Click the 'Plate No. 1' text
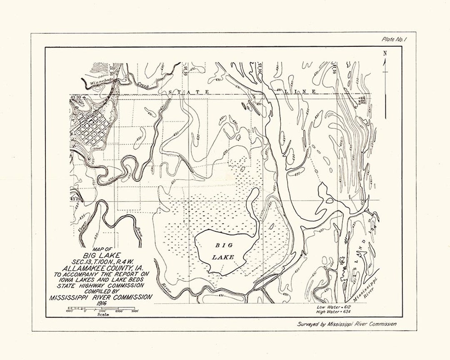coord(394,40)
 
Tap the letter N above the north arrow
coord(385,53)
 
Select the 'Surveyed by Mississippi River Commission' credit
coord(346,324)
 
